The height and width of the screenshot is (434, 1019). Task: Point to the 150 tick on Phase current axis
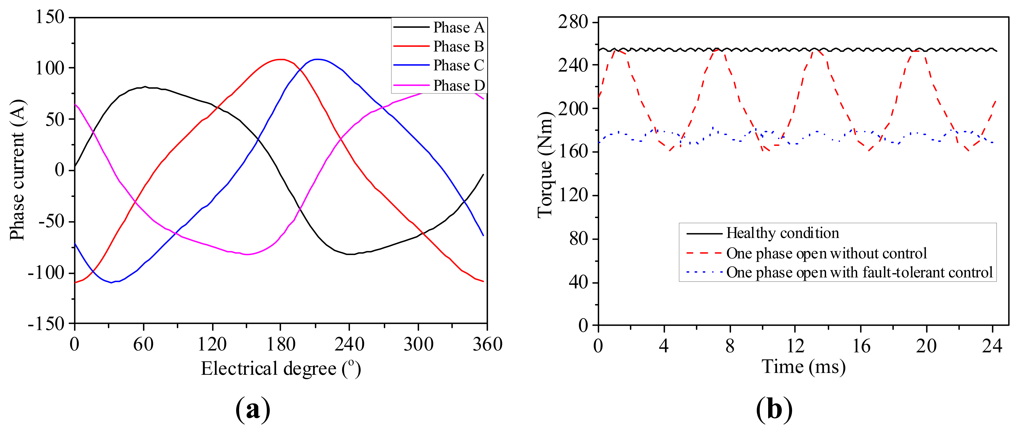(50, 17)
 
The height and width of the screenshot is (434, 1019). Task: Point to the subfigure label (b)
(774, 410)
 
